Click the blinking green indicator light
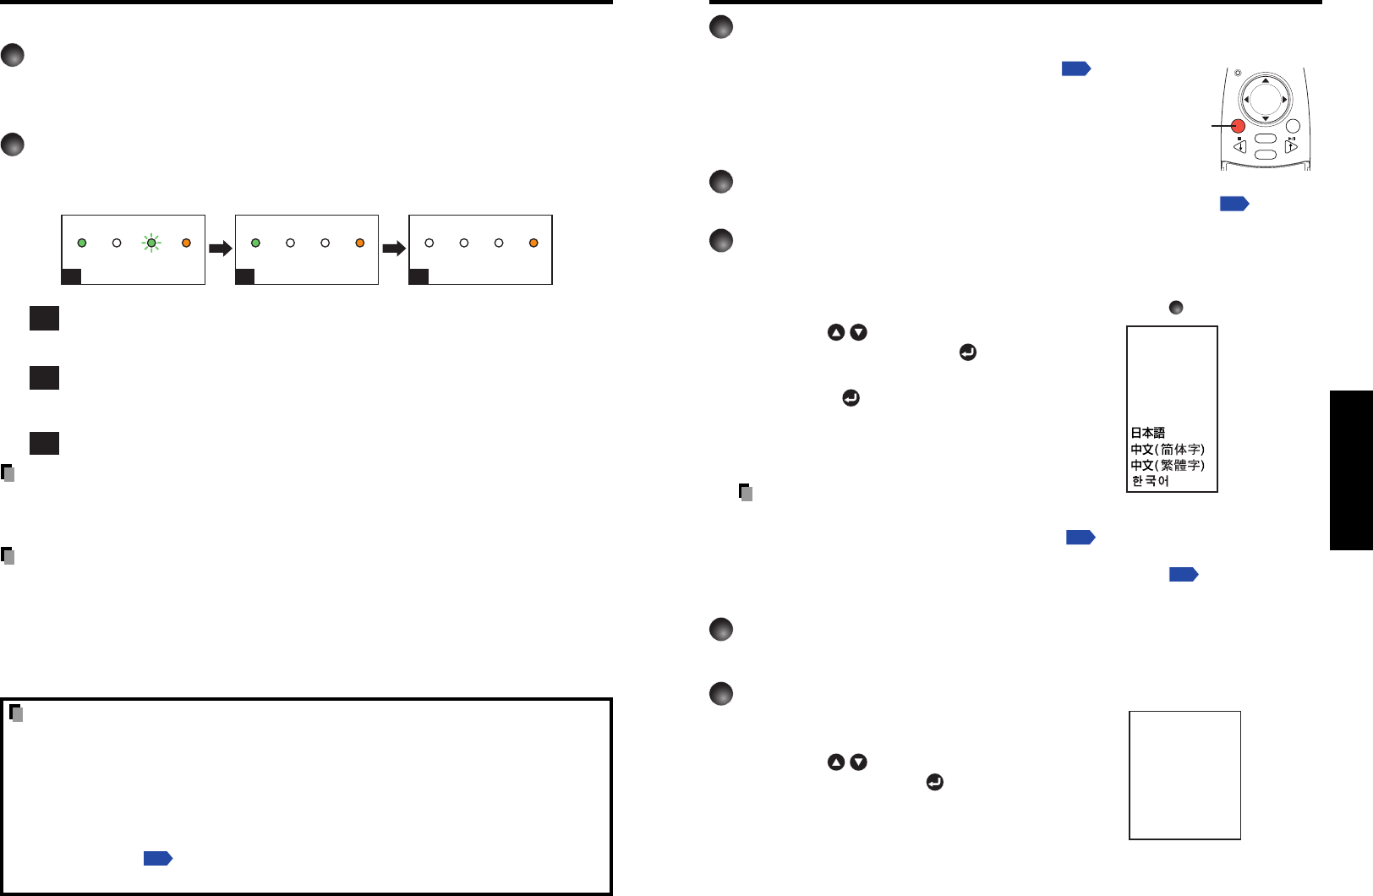tap(151, 243)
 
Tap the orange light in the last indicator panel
tap(533, 243)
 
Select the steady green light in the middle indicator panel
tap(255, 243)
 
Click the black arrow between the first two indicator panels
tap(220, 249)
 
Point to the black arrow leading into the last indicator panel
tap(394, 249)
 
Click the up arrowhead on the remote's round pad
tap(1266, 80)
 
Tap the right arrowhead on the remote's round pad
tap(1285, 100)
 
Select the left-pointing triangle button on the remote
tap(1240, 146)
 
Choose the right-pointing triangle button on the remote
tap(1291, 146)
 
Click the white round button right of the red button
tap(1292, 128)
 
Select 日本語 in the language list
tap(1148, 433)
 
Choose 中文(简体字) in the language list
tap(1168, 449)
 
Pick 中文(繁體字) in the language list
tap(1168, 465)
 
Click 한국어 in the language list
tap(1150, 481)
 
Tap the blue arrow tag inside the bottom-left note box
tap(158, 859)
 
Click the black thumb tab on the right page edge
tap(1351, 470)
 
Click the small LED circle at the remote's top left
tap(1237, 74)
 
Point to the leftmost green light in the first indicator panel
tap(82, 243)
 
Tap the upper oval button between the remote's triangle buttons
tap(1266, 139)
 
